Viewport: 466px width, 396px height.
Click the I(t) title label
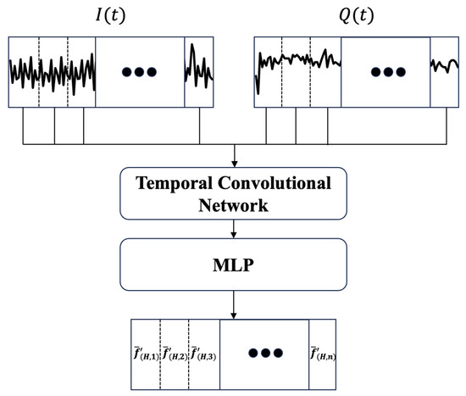112,15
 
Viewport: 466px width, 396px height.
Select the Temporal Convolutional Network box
234,194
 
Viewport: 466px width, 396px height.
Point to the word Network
234,205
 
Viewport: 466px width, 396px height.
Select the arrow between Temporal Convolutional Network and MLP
234,228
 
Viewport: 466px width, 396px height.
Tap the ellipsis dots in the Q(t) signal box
386,72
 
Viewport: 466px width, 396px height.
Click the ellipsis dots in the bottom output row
264,352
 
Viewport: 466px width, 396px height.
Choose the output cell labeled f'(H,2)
175,352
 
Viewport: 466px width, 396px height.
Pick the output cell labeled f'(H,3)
203,352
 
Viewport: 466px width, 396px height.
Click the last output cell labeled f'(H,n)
322,352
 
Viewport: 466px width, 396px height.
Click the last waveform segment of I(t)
200,72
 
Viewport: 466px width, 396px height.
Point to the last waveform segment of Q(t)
444,72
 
